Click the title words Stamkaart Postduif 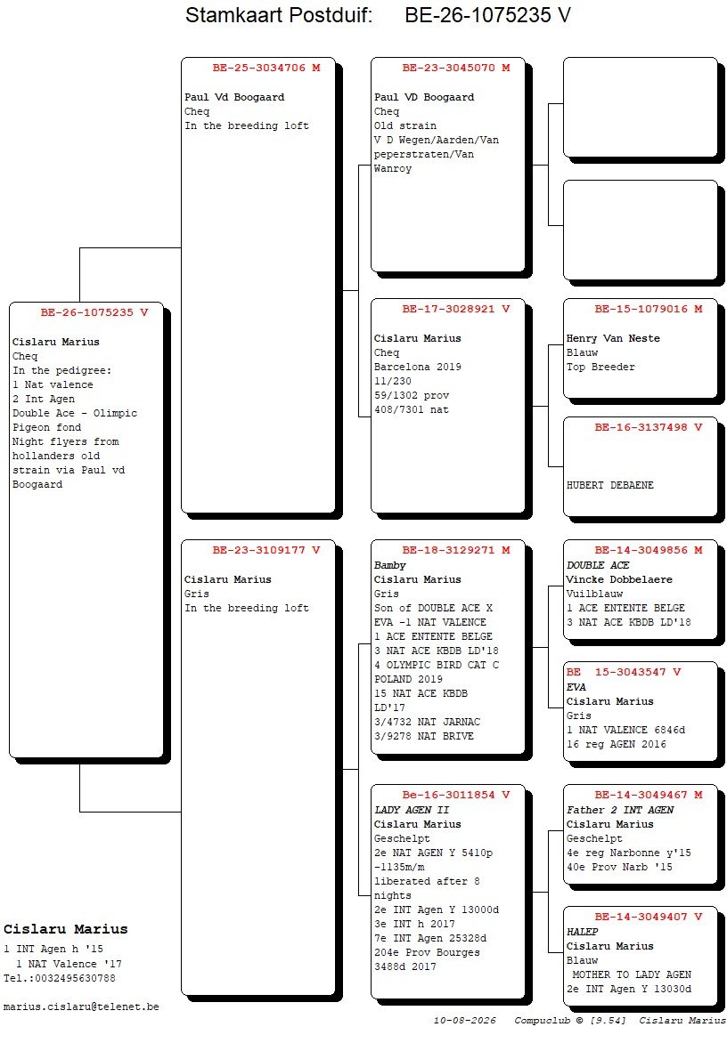(x=279, y=15)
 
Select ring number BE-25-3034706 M (x=266, y=68)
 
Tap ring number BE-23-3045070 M (x=456, y=68)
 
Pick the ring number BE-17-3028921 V (x=456, y=310)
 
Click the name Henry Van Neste (x=613, y=338)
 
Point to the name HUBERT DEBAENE (x=609, y=486)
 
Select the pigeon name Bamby (x=390, y=565)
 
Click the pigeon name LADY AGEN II (x=412, y=810)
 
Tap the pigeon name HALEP (x=583, y=932)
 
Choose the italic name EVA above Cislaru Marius (x=576, y=688)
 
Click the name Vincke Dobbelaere (x=619, y=580)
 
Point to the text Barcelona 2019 (x=418, y=368)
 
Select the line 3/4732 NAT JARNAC (x=427, y=723)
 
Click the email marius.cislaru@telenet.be (x=81, y=1007)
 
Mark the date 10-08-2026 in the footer (x=465, y=1021)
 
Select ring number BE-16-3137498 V (x=649, y=428)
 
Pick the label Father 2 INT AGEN (x=620, y=810)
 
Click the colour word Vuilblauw (x=594, y=594)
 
